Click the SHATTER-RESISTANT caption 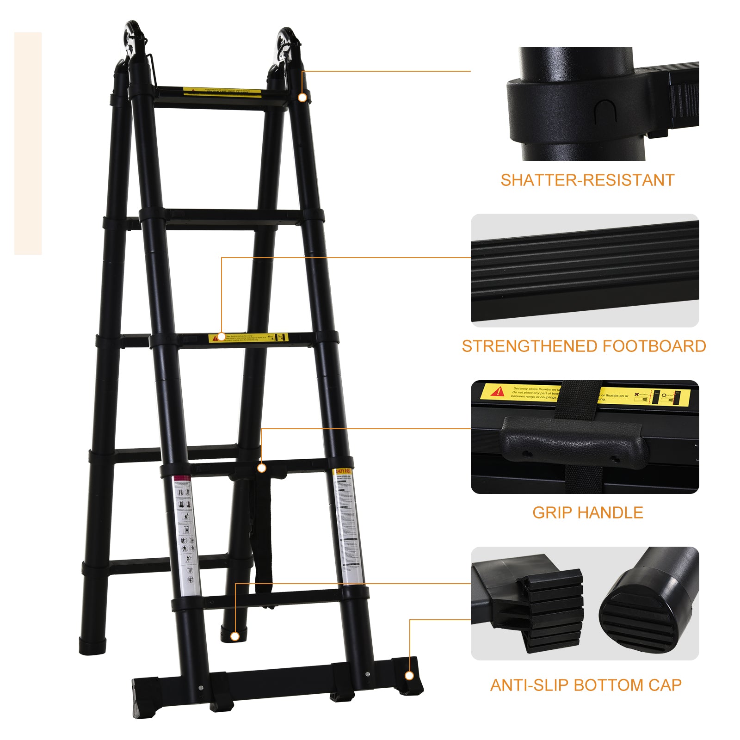tap(587, 180)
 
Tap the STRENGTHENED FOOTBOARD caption tap(584, 346)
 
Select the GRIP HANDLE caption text tap(587, 512)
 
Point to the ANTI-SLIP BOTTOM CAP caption tap(586, 685)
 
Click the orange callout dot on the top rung tap(302, 98)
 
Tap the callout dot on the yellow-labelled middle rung tap(222, 337)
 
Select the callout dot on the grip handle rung tap(261, 468)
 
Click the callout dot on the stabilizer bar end tap(409, 676)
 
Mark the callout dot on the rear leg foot tap(235, 637)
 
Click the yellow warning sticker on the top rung tap(222, 92)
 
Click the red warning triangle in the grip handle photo tap(498, 392)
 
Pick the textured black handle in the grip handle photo tap(573, 442)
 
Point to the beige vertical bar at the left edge tap(28, 143)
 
